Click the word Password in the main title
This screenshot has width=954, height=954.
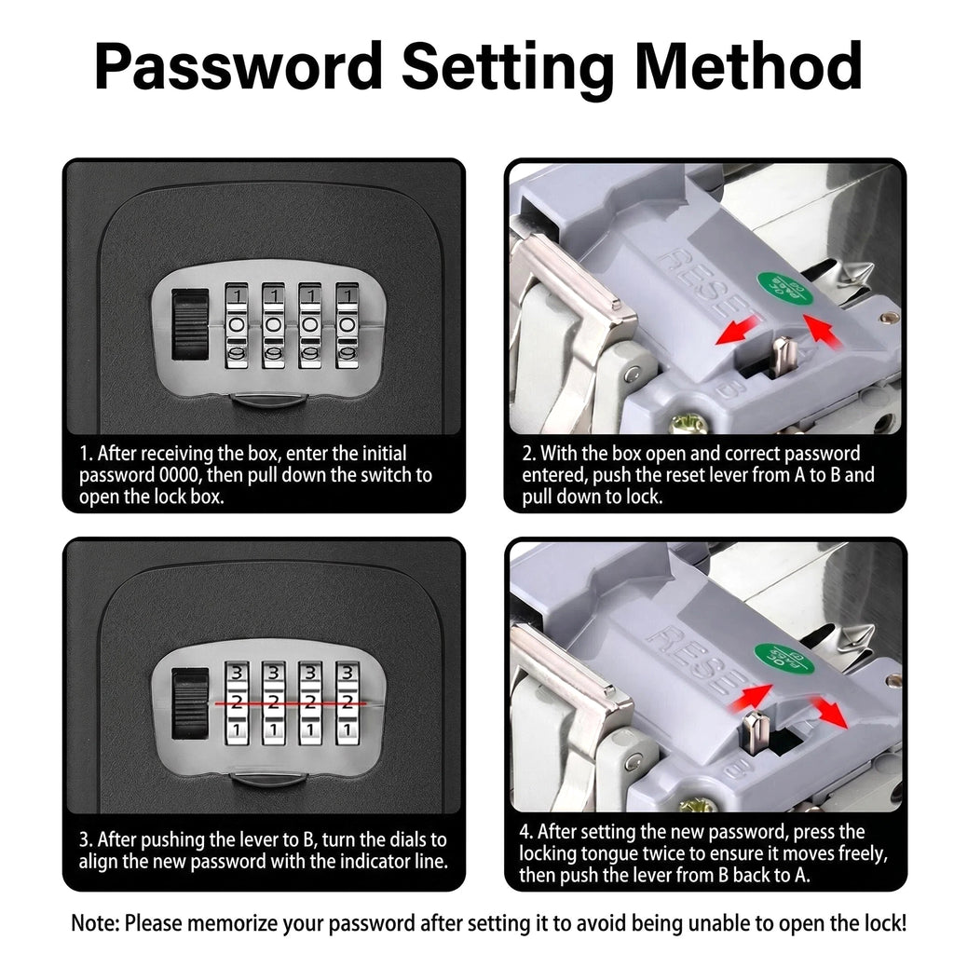[238, 66]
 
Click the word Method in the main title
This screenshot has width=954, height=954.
[748, 66]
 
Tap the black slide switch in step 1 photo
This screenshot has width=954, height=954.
[190, 324]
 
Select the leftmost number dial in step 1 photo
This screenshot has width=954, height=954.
[237, 325]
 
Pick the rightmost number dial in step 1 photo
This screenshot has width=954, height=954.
[348, 325]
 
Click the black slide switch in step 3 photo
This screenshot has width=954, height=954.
[190, 704]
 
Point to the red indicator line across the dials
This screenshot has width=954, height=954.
[291, 703]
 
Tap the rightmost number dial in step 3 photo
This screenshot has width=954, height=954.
[348, 704]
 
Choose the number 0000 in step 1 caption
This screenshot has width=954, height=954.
[178, 474]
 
